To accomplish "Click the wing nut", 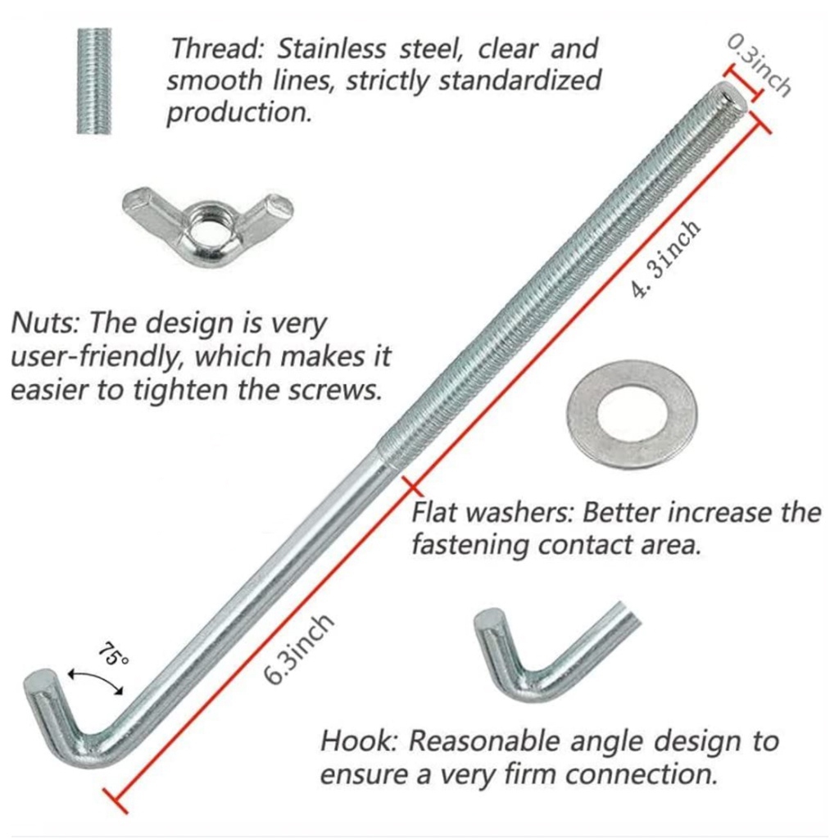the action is (207, 219).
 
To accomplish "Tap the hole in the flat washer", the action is (632, 414).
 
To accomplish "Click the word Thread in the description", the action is (215, 49).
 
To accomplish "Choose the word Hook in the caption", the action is (357, 741).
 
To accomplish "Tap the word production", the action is (239, 113).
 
